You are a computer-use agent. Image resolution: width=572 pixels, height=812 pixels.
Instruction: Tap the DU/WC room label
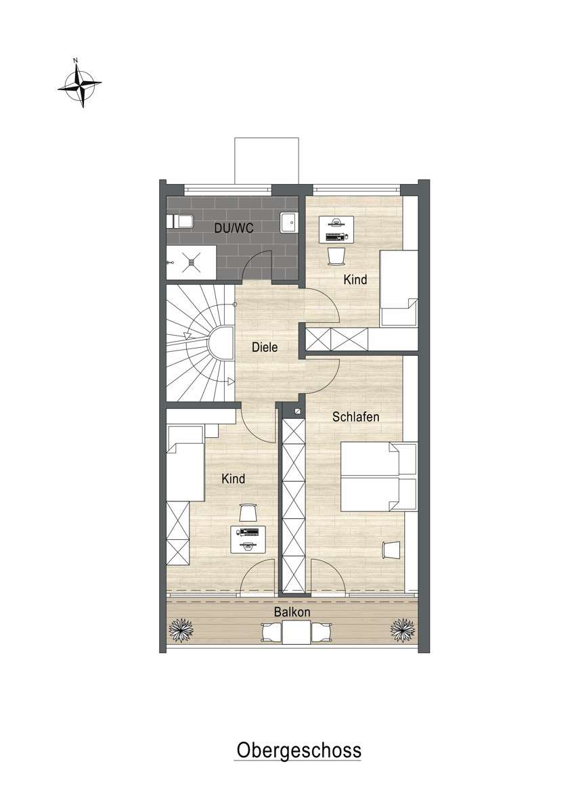pos(234,227)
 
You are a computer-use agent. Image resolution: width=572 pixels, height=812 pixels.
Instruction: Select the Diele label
pos(265,347)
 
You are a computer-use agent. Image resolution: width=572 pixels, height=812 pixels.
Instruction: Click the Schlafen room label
pos(355,417)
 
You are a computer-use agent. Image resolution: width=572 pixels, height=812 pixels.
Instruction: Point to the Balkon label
pos(292,612)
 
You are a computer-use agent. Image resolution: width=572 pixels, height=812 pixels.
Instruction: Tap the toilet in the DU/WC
pos(180,221)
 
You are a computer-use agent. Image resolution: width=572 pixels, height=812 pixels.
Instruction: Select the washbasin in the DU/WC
pos(289,222)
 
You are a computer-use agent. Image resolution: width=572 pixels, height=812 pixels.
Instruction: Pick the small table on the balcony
pos(296,632)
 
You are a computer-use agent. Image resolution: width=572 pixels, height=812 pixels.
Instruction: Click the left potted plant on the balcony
pos(181,630)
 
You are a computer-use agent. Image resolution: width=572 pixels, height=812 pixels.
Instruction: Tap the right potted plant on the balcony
pos(403,630)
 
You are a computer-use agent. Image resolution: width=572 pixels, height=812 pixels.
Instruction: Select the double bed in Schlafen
pos(379,476)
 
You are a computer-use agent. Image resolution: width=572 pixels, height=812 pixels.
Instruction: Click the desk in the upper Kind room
pos(336,229)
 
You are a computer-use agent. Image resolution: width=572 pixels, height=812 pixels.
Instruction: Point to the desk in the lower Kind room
pos(248,539)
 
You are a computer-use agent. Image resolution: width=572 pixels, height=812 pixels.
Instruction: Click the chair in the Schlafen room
pos(391,550)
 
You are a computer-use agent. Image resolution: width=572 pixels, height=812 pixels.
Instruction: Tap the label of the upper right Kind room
pos(355,279)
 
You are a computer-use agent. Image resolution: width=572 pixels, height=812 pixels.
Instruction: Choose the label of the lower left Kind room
pos(234,479)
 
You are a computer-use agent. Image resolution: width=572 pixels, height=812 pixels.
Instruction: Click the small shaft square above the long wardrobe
pos(298,411)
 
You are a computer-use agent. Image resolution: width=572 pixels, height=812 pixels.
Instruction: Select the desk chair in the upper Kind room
pos(336,256)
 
